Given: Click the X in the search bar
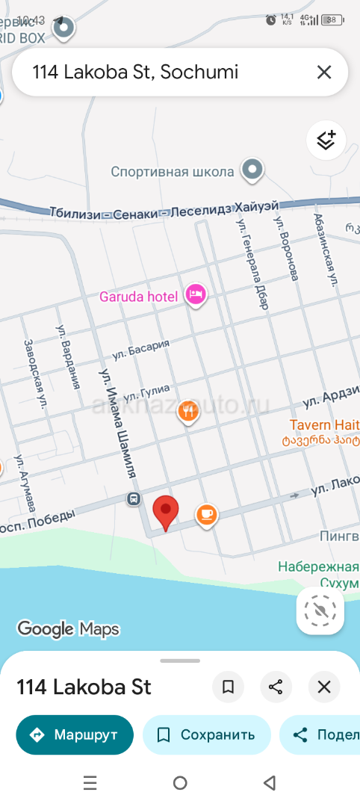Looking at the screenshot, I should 324,72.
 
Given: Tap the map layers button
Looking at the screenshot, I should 326,140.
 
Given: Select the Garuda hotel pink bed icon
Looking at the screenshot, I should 196,295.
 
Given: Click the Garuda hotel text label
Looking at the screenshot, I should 139,297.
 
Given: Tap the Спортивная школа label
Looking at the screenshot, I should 173,172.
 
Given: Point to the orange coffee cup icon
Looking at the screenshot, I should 207,514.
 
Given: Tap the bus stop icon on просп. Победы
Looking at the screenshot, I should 133,498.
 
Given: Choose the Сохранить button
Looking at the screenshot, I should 206,735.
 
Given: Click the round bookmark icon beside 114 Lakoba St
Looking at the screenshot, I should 229,687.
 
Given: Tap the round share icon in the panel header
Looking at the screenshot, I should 276,687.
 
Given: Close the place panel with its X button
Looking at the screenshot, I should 324,687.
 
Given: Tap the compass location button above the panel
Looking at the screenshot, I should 320,612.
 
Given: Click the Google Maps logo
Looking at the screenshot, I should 68,629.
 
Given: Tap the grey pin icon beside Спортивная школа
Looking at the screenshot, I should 252,170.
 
